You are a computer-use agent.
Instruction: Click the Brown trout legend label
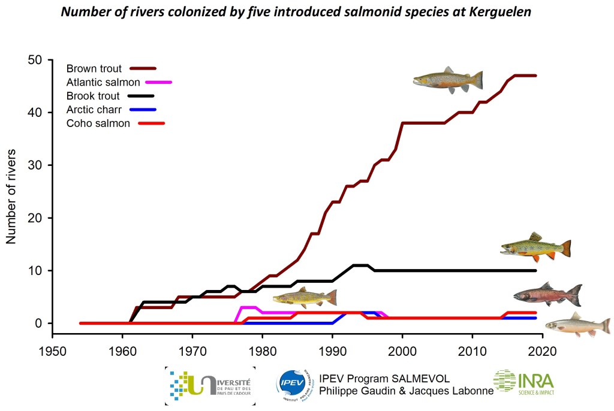[94, 69]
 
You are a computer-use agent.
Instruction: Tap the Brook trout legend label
[93, 96]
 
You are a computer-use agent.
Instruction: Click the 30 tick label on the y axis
[37, 165]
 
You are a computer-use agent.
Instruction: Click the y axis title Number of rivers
[11, 192]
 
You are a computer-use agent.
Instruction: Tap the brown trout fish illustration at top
[448, 80]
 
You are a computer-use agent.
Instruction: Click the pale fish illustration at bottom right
[577, 324]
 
